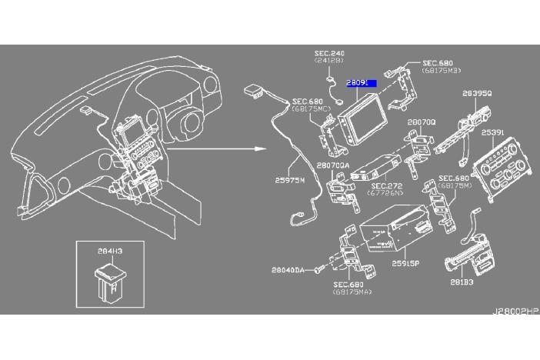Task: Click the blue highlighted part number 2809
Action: pos(358,81)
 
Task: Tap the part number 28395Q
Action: pos(477,95)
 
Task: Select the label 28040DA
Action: pos(288,270)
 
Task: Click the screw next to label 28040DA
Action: pos(318,270)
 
